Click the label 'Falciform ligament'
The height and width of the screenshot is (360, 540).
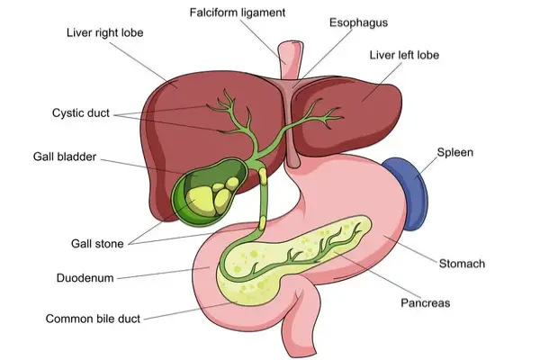click(238, 13)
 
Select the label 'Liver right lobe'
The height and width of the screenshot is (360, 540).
click(105, 33)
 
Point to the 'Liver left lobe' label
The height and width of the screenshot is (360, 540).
click(404, 55)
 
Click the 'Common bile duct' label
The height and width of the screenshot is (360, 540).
click(94, 318)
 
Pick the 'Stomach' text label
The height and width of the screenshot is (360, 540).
click(462, 264)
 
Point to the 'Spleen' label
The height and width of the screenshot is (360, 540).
click(454, 152)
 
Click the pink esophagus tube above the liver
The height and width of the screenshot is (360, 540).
click(291, 58)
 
